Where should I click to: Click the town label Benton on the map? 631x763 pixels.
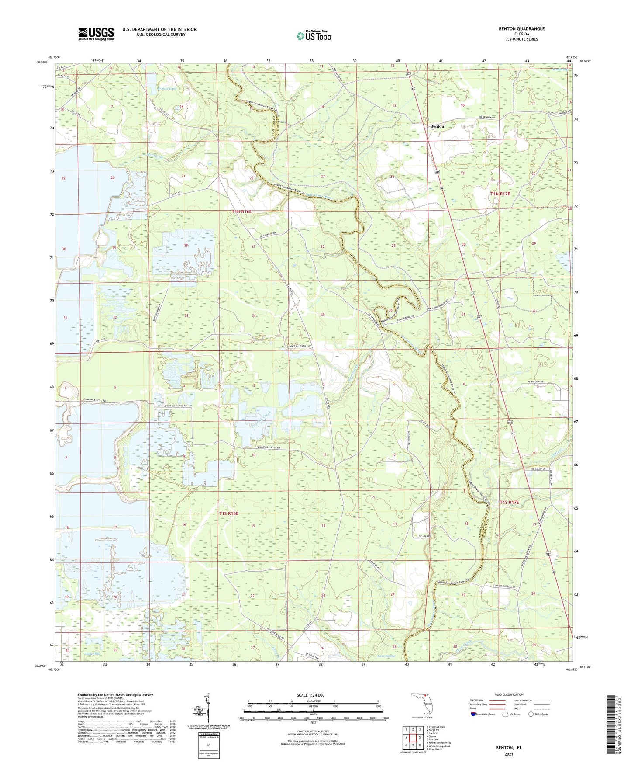coord(437,126)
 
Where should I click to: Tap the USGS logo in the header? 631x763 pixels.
coord(96,34)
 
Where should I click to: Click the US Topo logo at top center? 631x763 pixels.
coord(313,36)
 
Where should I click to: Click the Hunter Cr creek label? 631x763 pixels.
coord(155,156)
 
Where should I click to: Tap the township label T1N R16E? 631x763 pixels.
coord(241,212)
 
